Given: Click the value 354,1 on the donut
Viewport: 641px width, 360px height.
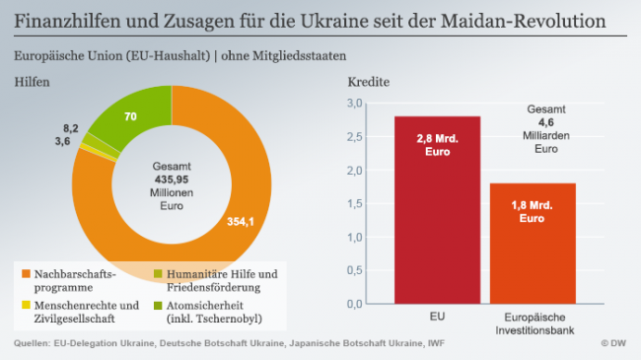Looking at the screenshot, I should (x=241, y=221).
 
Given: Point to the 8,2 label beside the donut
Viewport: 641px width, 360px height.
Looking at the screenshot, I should (x=70, y=128).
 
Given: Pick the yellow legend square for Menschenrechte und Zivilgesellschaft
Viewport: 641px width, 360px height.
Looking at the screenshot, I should (x=22, y=305).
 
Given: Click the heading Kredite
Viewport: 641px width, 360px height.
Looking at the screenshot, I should (x=366, y=83).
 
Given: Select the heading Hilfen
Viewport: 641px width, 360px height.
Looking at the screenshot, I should (x=32, y=83).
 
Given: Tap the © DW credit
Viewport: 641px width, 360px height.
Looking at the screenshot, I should (x=613, y=343).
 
